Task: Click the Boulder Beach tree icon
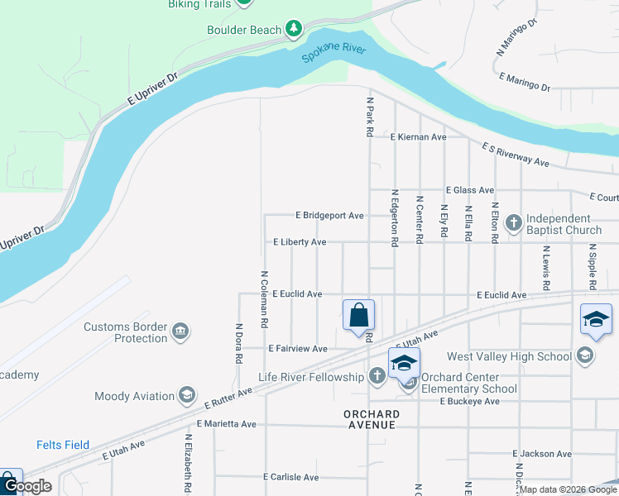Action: click(x=293, y=30)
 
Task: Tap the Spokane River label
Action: click(x=333, y=55)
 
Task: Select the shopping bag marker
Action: click(x=358, y=316)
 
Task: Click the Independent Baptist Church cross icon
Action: click(x=513, y=222)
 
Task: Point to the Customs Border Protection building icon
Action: click(x=181, y=332)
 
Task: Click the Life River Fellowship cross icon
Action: click(x=377, y=378)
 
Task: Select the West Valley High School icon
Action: click(x=585, y=356)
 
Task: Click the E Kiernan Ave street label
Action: click(x=419, y=136)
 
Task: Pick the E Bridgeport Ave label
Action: click(x=330, y=215)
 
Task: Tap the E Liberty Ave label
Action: click(x=300, y=242)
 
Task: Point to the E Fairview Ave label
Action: click(x=297, y=349)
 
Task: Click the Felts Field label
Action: click(x=63, y=445)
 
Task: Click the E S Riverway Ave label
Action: click(x=515, y=154)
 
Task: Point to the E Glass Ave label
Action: click(x=469, y=189)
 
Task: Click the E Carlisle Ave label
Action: click(x=290, y=477)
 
